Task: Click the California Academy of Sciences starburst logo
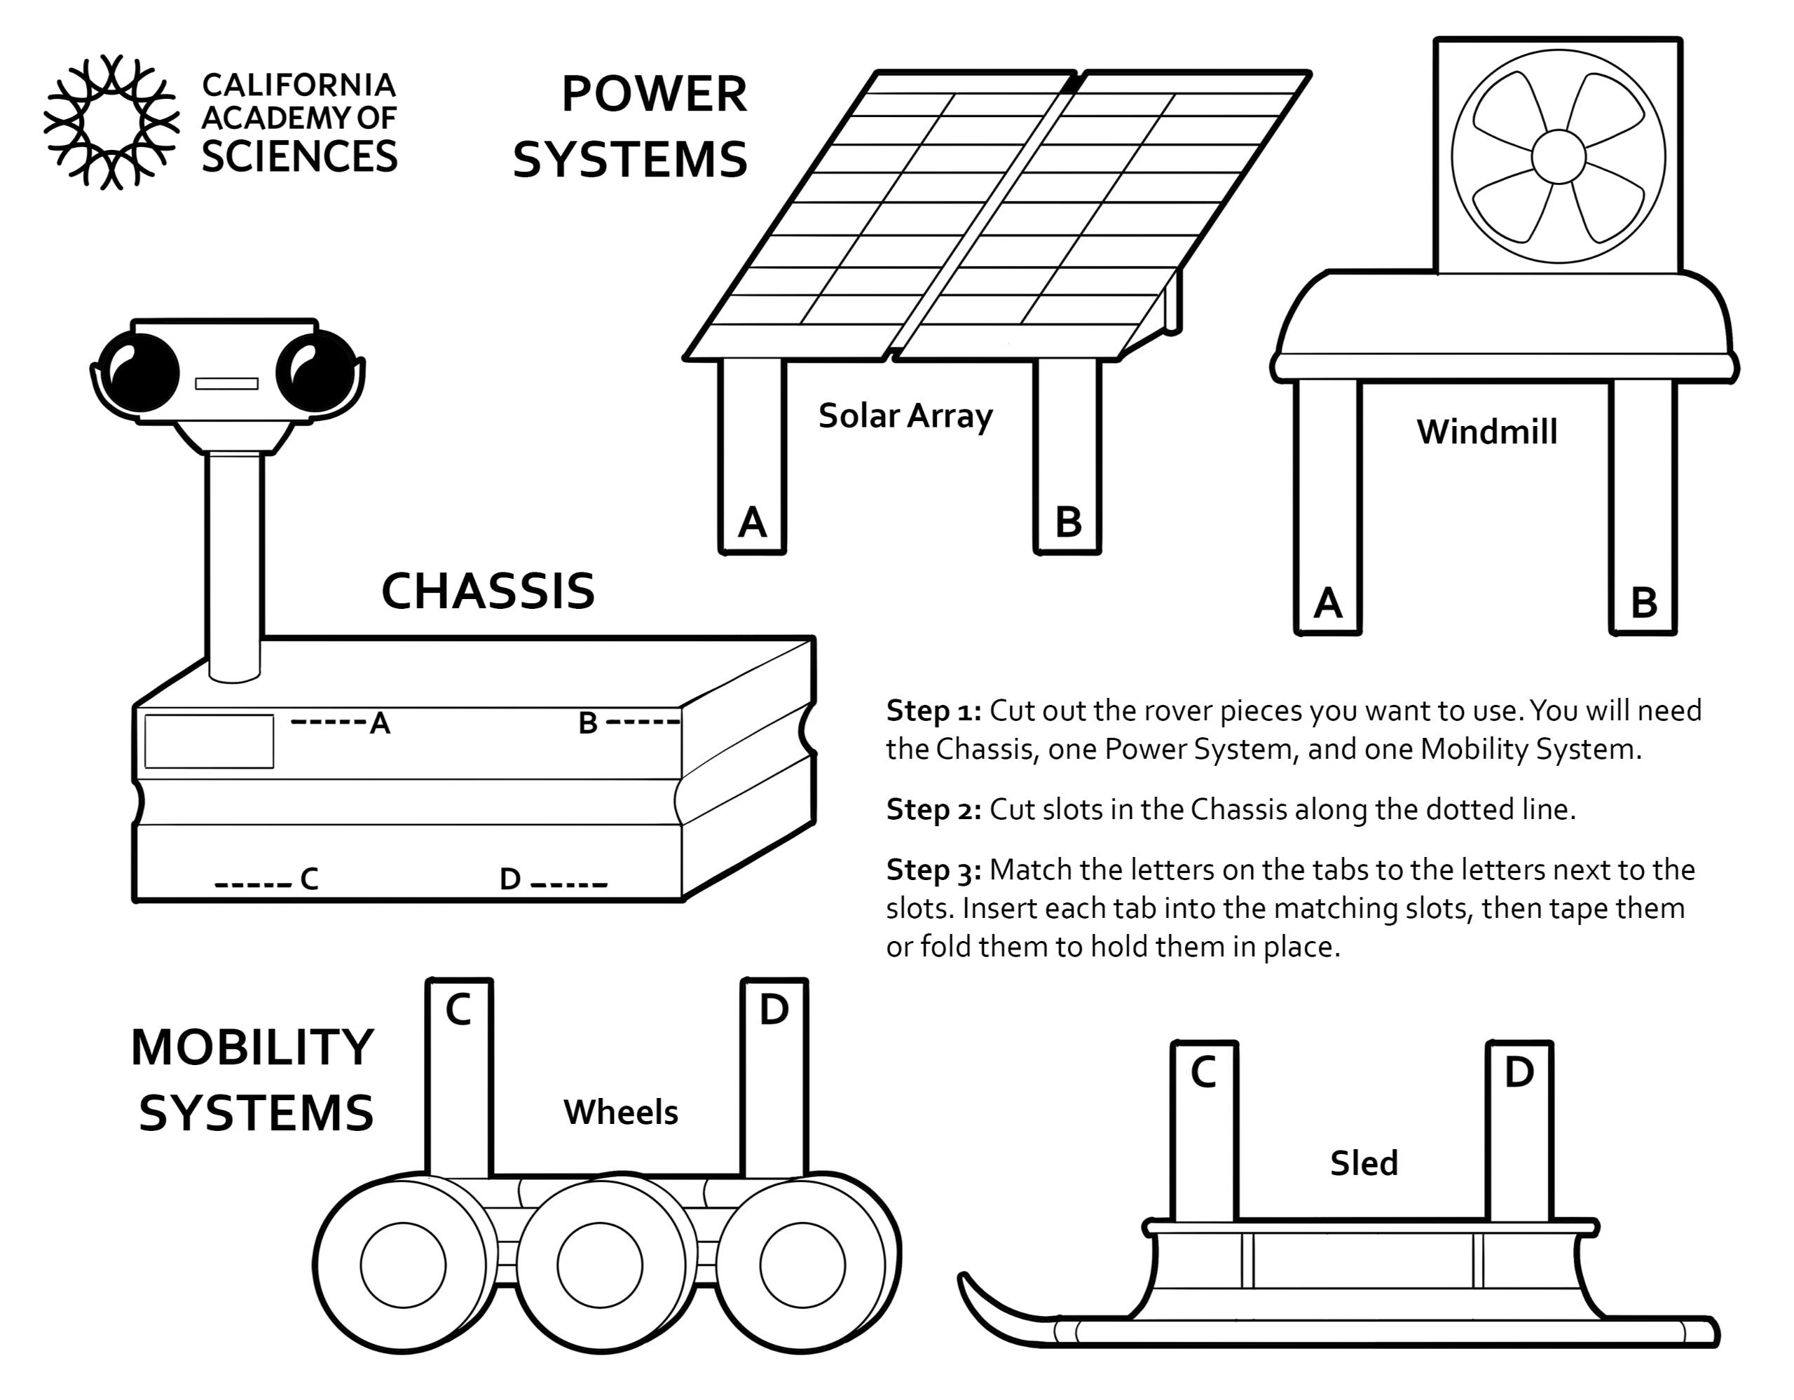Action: point(111,121)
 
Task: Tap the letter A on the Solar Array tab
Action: point(753,522)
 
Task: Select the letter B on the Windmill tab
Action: point(1643,603)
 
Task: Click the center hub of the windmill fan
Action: point(1559,156)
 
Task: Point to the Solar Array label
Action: point(905,416)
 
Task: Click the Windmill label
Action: point(1487,432)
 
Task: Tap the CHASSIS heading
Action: point(488,591)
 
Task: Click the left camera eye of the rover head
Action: point(140,373)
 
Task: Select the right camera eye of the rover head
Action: point(315,373)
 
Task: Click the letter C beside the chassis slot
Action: point(309,879)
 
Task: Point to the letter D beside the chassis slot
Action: point(510,879)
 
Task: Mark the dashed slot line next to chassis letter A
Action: point(328,722)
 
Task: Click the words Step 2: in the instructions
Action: point(933,809)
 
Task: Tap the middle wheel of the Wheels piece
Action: point(600,1265)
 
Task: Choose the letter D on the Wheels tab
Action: point(774,1009)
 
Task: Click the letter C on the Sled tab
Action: point(1203,1071)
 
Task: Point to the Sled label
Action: point(1364,1164)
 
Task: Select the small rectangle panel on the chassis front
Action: point(210,741)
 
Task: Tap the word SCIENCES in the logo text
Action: point(300,157)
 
